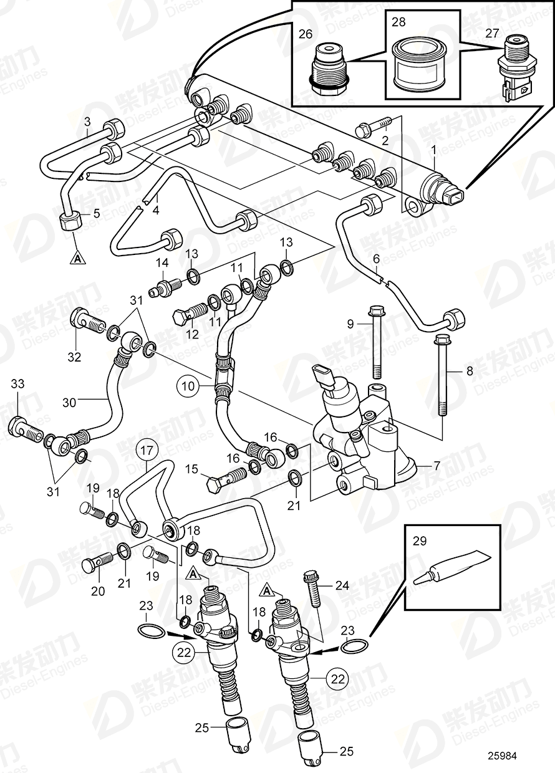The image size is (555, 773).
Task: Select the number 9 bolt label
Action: click(350, 324)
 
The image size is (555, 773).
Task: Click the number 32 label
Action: click(74, 357)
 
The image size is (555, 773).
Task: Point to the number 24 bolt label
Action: click(342, 585)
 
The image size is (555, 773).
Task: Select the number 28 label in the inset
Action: click(398, 22)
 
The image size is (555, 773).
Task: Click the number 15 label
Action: click(191, 468)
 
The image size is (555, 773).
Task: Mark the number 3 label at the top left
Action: click(87, 120)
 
